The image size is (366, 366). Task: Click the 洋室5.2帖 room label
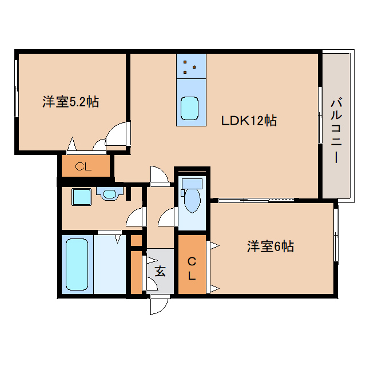[x=71, y=102]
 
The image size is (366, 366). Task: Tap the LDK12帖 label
[x=249, y=121]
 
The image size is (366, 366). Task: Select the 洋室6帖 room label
[x=270, y=246]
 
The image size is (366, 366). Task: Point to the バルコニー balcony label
[x=336, y=131]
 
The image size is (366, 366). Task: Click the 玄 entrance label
[x=160, y=271]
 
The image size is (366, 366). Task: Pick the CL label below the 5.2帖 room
[x=83, y=166]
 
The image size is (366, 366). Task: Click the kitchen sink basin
[x=190, y=108]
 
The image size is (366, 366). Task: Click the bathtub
[x=77, y=264]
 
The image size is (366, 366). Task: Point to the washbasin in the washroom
[x=109, y=193]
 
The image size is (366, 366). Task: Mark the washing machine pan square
[x=81, y=197]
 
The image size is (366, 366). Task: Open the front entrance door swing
[x=159, y=305]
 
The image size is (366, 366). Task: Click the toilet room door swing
[x=167, y=217]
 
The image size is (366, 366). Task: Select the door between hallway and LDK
[x=159, y=176]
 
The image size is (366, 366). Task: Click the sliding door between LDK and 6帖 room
[x=256, y=200]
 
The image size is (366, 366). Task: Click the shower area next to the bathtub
[x=110, y=264]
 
